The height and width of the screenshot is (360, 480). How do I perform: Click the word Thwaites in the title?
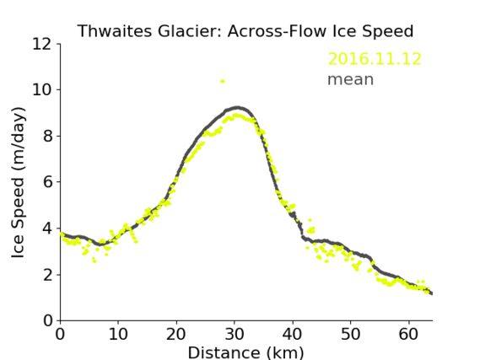(114, 31)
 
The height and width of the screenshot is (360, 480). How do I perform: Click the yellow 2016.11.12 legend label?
(375, 59)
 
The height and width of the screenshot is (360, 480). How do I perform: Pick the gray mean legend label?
(351, 79)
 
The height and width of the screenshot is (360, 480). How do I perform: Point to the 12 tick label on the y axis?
(42, 45)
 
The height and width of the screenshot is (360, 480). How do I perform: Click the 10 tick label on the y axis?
(42, 90)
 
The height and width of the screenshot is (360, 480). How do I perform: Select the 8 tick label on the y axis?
(48, 136)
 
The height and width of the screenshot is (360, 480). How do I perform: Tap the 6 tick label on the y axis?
(48, 182)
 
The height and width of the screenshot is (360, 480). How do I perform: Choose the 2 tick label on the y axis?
(48, 275)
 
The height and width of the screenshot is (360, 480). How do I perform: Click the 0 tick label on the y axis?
(48, 321)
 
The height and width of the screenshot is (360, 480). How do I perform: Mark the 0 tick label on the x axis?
(60, 334)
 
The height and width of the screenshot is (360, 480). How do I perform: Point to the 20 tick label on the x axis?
(176, 334)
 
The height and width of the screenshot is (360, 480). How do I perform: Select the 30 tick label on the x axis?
(235, 334)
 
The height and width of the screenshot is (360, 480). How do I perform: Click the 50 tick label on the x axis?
(351, 334)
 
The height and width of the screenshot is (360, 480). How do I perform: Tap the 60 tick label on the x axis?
(408, 334)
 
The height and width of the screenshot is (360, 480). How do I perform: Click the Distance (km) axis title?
(245, 352)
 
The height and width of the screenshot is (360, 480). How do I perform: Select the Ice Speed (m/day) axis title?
(18, 182)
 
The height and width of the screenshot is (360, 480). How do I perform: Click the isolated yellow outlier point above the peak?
(223, 82)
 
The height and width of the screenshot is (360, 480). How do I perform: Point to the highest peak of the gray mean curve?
(237, 108)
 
